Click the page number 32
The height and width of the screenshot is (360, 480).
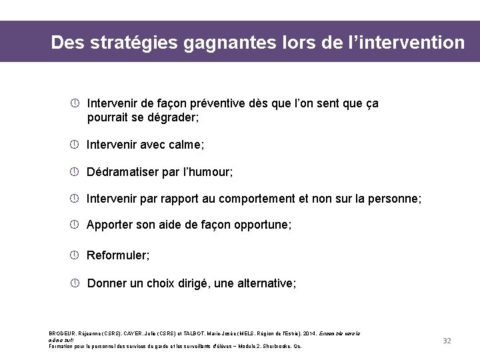coord(447,341)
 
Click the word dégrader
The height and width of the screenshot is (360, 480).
coord(172,117)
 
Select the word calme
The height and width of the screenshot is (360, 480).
coord(185,145)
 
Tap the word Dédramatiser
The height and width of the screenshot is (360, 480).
coord(123,172)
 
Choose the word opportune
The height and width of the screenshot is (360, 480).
coord(261,225)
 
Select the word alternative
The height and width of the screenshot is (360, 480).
coord(261,283)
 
